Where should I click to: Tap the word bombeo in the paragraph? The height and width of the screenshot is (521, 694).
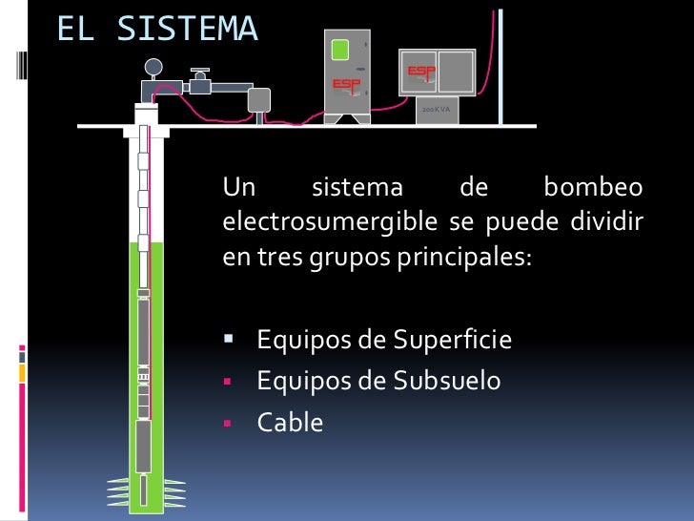tap(592, 187)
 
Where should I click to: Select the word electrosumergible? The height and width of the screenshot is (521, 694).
tap(329, 223)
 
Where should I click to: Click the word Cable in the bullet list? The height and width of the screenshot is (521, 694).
tap(290, 422)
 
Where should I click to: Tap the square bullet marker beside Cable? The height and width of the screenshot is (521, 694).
tap(229, 422)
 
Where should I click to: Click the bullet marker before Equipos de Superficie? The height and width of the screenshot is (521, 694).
tap(229, 340)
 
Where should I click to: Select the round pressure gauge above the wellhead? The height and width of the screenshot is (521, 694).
tap(153, 67)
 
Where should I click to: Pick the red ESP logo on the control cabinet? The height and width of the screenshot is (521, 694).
tap(346, 84)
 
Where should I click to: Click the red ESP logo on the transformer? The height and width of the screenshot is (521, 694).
tap(421, 72)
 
